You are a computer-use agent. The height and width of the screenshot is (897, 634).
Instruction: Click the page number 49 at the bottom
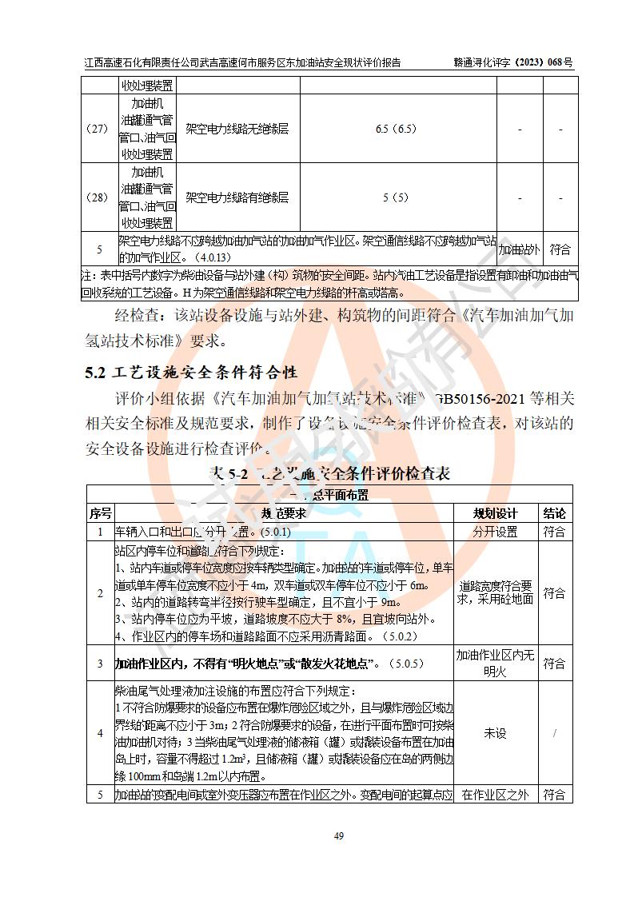(x=338, y=836)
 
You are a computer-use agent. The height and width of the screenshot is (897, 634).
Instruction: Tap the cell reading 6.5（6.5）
(x=396, y=129)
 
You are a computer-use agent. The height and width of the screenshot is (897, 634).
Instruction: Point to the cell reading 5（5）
(x=396, y=197)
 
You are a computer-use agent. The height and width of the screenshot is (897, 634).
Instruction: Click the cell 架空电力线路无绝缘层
(x=237, y=129)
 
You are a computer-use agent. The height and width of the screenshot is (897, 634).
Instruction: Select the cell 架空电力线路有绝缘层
(x=237, y=197)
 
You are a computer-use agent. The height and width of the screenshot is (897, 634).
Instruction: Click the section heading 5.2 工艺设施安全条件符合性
(x=191, y=372)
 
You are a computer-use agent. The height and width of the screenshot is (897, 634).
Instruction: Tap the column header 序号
(x=100, y=513)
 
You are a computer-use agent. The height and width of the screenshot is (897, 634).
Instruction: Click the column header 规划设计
(x=495, y=513)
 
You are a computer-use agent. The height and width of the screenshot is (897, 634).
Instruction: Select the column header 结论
(x=554, y=513)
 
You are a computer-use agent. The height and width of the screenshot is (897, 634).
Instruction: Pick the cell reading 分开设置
(x=495, y=532)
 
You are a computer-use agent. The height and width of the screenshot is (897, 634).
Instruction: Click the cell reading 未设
(x=495, y=733)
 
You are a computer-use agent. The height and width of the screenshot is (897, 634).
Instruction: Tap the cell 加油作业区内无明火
(x=495, y=664)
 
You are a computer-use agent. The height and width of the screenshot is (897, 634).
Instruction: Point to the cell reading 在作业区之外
(x=495, y=795)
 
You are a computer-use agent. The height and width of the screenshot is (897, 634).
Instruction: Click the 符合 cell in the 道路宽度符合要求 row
(x=554, y=593)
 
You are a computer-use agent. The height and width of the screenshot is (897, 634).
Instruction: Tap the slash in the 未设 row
(x=554, y=733)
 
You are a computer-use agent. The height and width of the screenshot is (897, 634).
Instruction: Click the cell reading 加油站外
(x=520, y=249)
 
